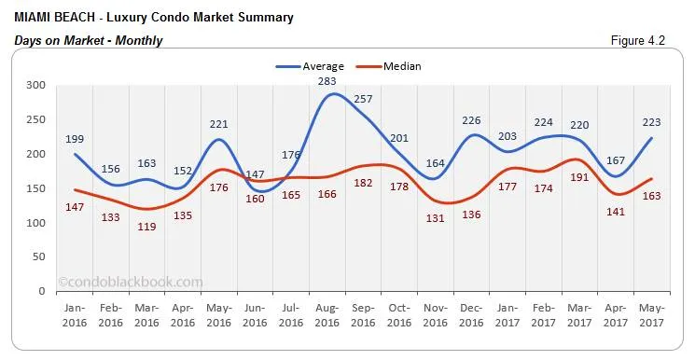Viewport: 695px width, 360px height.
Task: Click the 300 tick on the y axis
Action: [36, 85]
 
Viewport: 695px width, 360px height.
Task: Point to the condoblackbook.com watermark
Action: [130, 281]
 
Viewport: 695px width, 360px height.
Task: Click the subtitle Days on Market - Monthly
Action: [89, 40]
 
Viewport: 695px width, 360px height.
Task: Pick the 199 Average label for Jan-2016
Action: [75, 139]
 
